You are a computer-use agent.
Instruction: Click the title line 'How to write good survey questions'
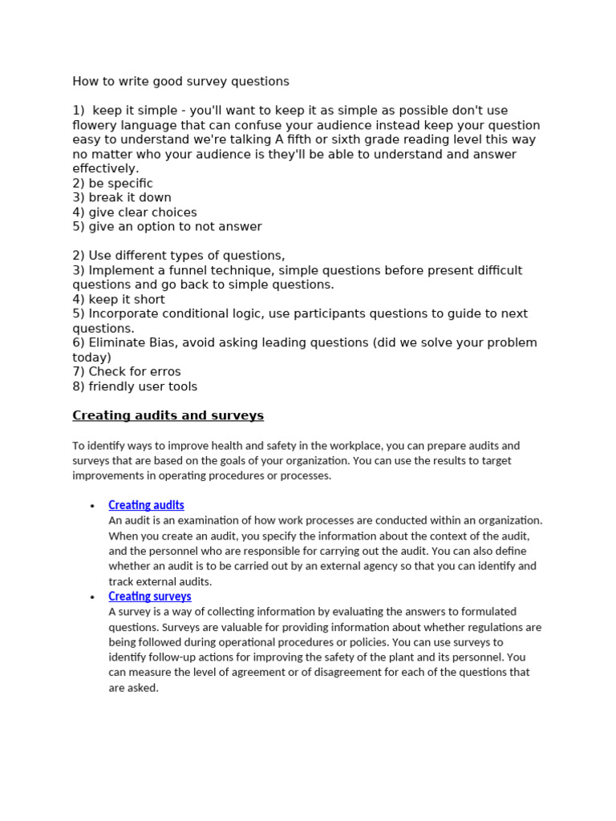point(180,81)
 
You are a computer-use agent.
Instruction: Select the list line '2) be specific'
point(112,183)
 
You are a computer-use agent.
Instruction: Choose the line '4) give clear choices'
point(134,212)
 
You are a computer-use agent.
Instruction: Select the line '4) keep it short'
point(118,299)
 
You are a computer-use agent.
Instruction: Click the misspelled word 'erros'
point(164,372)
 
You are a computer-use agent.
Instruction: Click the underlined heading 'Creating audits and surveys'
point(168,415)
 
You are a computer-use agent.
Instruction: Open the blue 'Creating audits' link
point(146,505)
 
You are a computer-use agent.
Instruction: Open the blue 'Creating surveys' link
point(150,597)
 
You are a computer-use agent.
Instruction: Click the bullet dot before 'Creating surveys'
point(92,597)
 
